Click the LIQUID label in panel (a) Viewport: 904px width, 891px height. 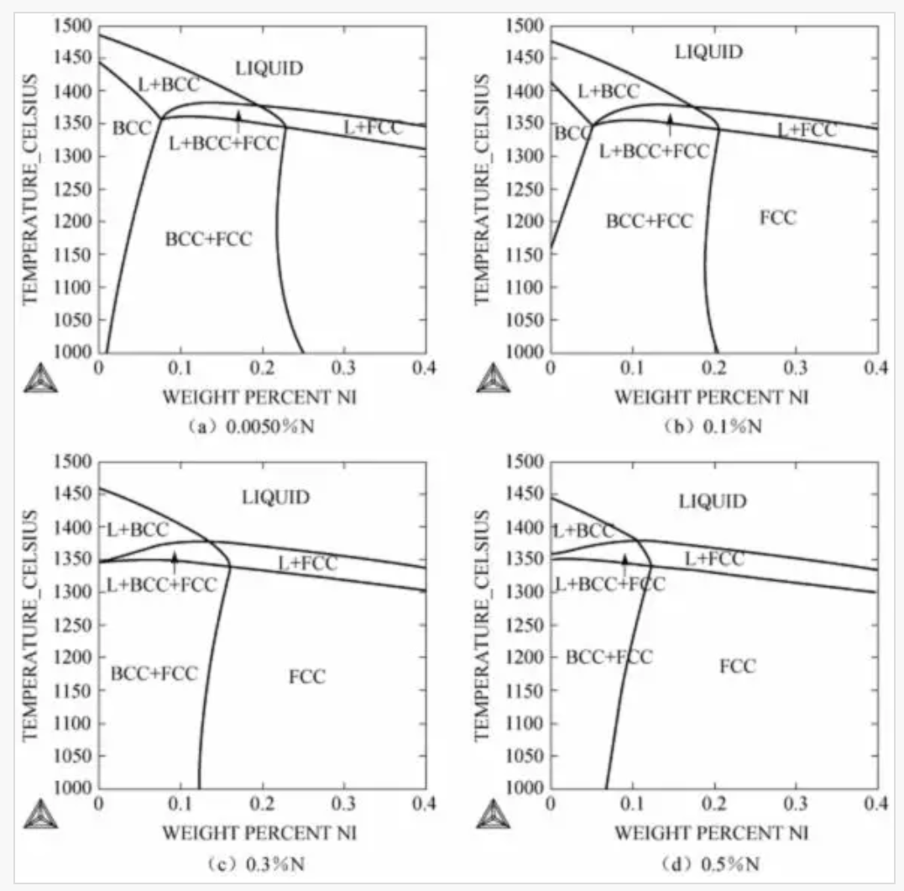pyautogui.click(x=269, y=69)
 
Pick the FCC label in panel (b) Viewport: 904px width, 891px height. pyautogui.click(x=778, y=218)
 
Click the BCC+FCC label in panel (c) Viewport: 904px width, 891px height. pyautogui.click(x=154, y=673)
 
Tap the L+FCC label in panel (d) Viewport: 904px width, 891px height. pyautogui.click(x=714, y=558)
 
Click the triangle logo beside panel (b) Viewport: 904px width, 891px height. pyautogui.click(x=493, y=378)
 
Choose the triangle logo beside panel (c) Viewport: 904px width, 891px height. pyautogui.click(x=40, y=815)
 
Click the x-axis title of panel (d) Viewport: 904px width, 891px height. pyautogui.click(x=713, y=834)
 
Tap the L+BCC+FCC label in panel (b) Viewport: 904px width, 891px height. pyautogui.click(x=654, y=151)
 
